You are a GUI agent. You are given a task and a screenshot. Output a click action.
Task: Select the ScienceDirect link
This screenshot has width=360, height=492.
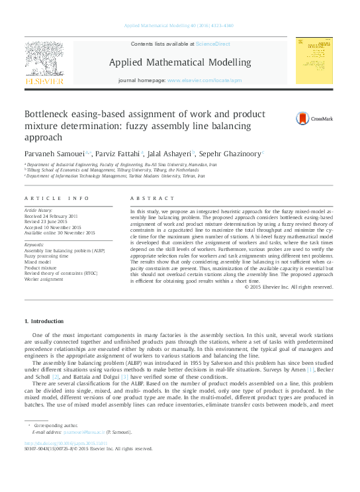212,44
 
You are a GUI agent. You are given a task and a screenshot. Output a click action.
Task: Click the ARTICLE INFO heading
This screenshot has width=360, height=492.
56,199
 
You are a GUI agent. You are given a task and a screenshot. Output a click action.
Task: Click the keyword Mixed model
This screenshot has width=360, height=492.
38,262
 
